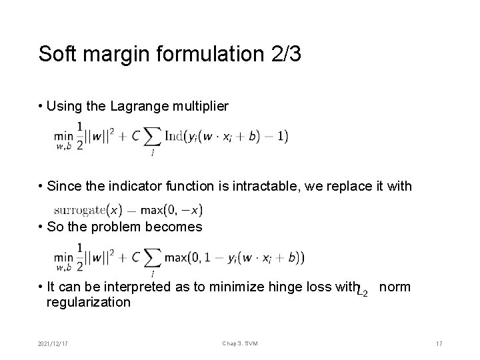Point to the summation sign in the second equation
[x=153, y=257]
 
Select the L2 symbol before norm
[x=363, y=290]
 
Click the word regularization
[x=88, y=302]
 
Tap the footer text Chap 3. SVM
[x=239, y=343]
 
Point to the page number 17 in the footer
[x=439, y=343]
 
